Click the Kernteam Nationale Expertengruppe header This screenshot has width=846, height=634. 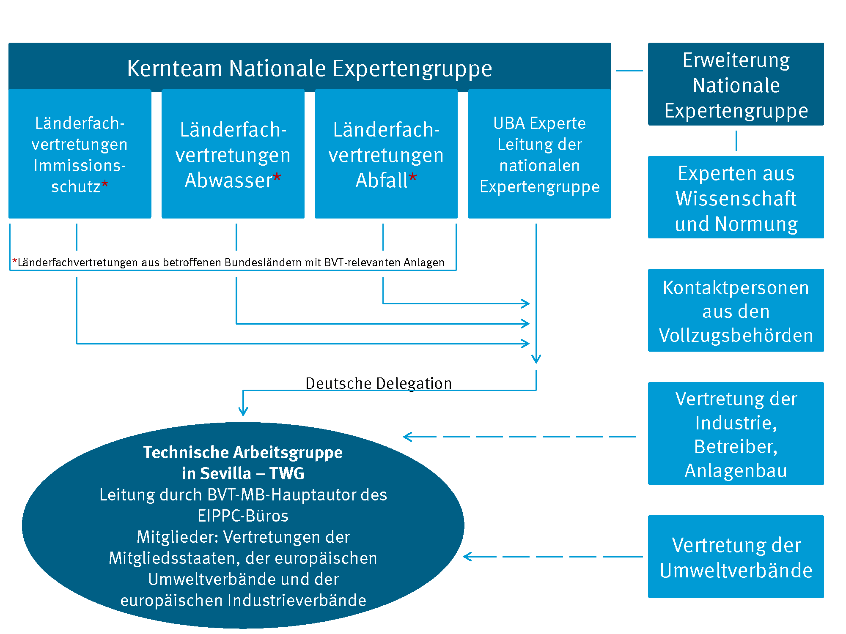(x=309, y=68)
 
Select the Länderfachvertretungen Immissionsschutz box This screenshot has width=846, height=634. (x=80, y=154)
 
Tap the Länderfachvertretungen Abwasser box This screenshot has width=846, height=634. (x=233, y=154)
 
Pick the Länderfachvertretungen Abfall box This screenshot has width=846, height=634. (x=386, y=154)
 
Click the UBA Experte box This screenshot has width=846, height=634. (x=539, y=154)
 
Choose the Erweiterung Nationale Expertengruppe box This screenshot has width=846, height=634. (x=736, y=85)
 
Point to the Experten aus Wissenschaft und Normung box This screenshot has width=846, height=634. (x=736, y=197)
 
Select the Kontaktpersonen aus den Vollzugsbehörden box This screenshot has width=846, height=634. (x=736, y=311)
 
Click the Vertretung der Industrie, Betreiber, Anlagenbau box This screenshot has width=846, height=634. (x=736, y=434)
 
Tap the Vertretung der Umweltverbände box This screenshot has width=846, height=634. (x=736, y=557)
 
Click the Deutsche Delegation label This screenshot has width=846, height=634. (x=379, y=383)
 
